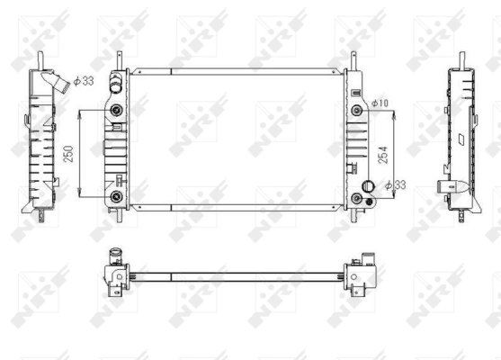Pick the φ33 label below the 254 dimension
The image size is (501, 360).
coord(396,185)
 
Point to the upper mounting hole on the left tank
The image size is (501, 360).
coord(116,111)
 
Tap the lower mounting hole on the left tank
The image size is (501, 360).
coord(116,195)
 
